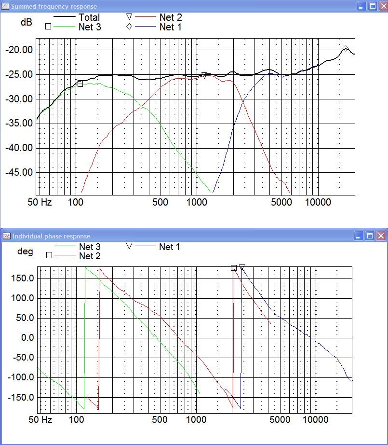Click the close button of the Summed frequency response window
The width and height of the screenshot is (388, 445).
coord(381,6)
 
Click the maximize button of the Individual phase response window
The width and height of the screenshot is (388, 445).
coord(370,236)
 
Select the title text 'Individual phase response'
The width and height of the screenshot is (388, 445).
coord(51,236)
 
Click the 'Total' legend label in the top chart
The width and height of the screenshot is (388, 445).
coord(89,18)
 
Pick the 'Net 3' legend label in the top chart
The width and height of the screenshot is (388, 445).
coord(90,27)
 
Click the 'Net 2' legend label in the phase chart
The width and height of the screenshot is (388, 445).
coord(90,256)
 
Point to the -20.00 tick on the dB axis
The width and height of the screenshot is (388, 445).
coord(19,50)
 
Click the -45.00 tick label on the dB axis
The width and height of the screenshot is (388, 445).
coord(19,172)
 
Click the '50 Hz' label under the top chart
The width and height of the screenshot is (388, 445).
coord(40,202)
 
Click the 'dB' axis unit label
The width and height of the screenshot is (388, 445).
coord(26,22)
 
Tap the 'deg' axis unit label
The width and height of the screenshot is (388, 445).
coord(26,251)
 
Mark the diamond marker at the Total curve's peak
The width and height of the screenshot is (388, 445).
coord(346,49)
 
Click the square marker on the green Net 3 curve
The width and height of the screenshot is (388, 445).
coord(80,84)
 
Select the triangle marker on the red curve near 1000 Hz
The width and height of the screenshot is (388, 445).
coord(204,75)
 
